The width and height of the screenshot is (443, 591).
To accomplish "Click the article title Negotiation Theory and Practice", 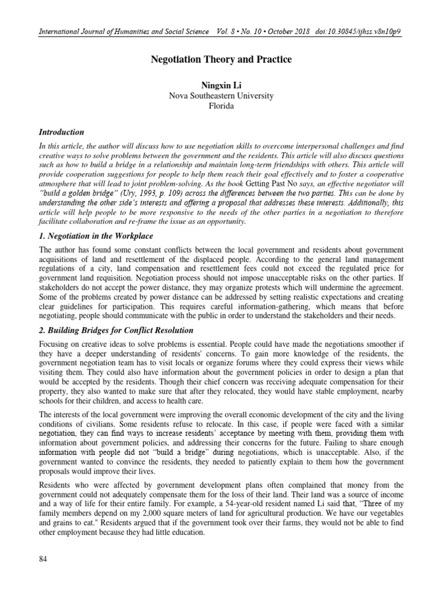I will tap(221, 60).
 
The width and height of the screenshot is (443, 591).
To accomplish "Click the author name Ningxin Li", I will tap(221, 85).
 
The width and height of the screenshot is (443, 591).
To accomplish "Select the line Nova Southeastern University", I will tap(221, 96).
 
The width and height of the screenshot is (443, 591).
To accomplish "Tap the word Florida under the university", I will tap(221, 107).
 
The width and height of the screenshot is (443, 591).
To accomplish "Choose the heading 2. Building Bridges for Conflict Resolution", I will tap(116, 330).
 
